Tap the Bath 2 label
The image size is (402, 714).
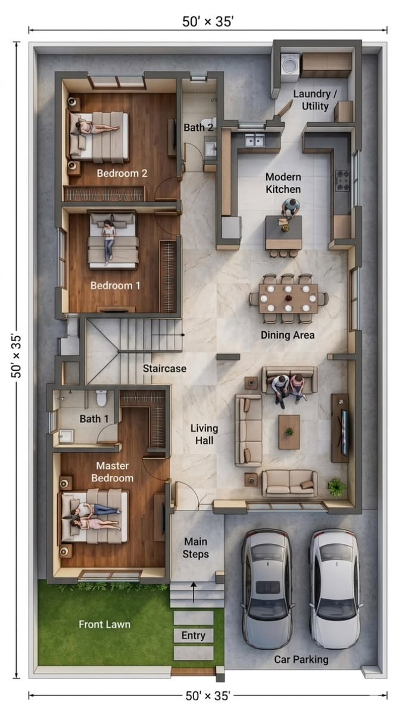[x=198, y=127]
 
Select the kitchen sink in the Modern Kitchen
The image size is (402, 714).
[x=255, y=140]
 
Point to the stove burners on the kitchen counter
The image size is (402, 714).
[x=342, y=181]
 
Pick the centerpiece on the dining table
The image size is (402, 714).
[x=288, y=298]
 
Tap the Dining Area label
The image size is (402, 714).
[x=288, y=335]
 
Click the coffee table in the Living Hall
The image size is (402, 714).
[x=289, y=432]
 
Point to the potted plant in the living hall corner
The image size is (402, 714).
[x=336, y=487]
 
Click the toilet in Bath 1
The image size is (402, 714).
[x=101, y=398]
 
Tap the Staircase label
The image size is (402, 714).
[x=164, y=368]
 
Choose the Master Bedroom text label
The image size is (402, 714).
[x=113, y=472]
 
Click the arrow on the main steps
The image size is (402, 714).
[x=194, y=592]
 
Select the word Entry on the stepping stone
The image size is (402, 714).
[x=194, y=635]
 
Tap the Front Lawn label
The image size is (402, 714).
[x=105, y=624]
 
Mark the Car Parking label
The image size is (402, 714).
[x=301, y=659]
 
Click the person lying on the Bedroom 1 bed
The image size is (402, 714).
[x=108, y=242]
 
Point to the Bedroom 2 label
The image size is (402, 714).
[x=122, y=173]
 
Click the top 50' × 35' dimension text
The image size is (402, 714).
[x=208, y=21]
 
